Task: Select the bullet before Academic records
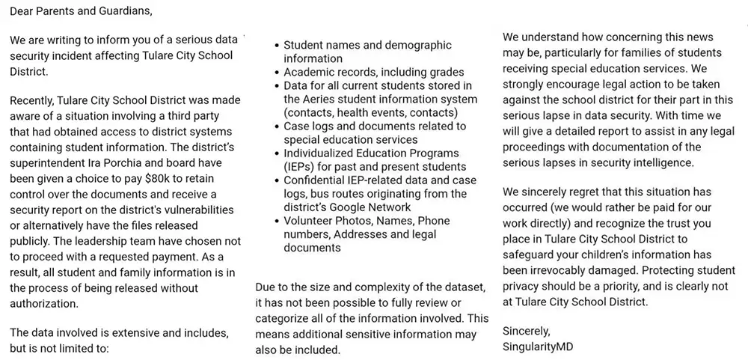tap(278, 73)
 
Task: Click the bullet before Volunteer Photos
tap(278, 222)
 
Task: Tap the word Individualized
tap(322, 153)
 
